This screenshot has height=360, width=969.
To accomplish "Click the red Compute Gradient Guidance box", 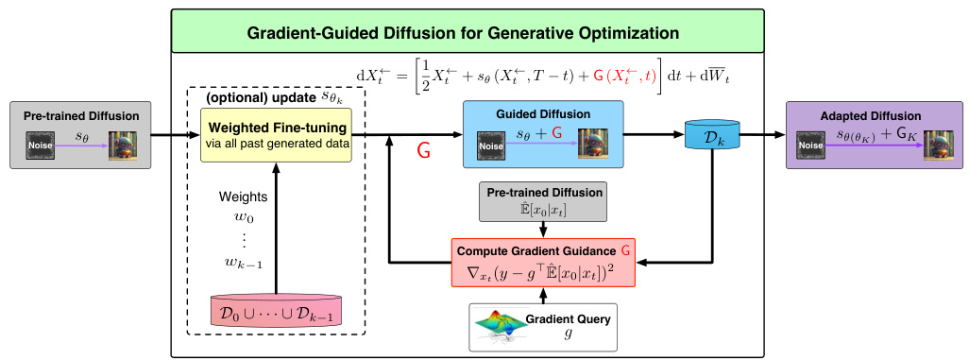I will click(542, 262).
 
